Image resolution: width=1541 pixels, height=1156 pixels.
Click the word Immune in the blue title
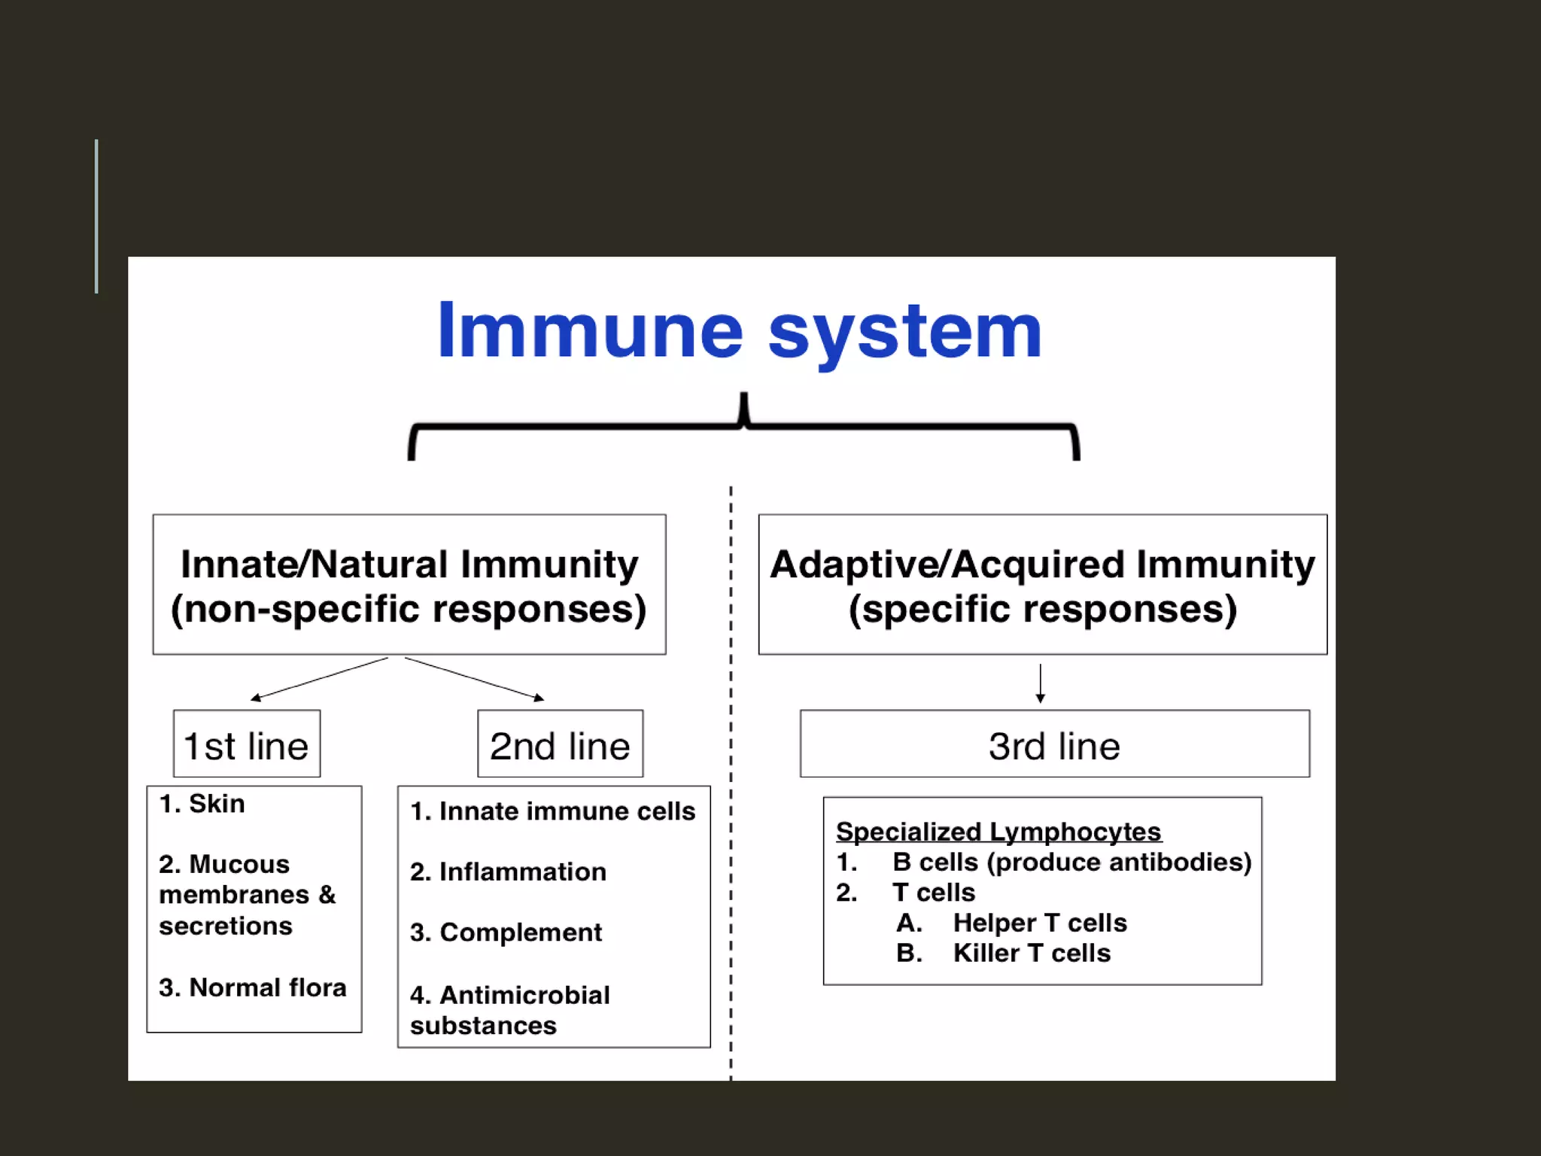coord(590,331)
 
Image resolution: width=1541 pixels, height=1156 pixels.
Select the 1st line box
coord(247,744)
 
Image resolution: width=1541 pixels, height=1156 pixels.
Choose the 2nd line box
coord(560,744)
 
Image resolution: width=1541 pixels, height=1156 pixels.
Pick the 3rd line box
coord(1054,744)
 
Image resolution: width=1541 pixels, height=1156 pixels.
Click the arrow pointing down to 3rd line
coord(1040,683)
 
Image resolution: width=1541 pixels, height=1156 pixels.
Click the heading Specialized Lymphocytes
coord(998,832)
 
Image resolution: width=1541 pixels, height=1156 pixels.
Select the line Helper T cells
coord(1039,923)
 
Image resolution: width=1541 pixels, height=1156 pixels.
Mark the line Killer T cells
coord(1031,953)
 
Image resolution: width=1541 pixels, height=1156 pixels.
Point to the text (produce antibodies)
coord(1119,862)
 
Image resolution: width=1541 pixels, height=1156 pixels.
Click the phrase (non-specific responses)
coord(409,609)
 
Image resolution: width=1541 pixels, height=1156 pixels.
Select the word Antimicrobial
coord(524,995)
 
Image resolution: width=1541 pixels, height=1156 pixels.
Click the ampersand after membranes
coord(327,895)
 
